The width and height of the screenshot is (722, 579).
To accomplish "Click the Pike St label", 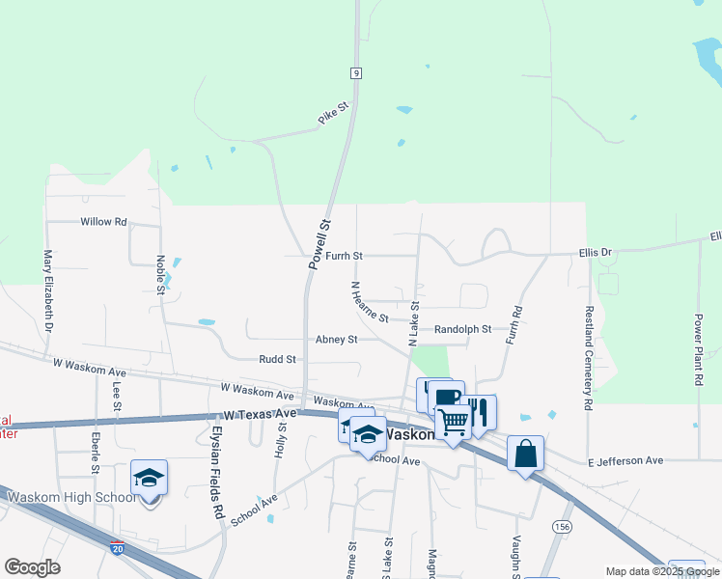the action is point(332,115).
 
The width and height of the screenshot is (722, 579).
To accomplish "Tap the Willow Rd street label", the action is point(104,222).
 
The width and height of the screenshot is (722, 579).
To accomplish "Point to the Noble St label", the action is point(159,274).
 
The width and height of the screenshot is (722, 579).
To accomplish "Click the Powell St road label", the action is point(319,243).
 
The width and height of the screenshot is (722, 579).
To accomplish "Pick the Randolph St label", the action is point(462,329).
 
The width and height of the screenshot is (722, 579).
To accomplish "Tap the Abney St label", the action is point(336,340).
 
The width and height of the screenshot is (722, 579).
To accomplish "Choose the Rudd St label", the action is point(277,359).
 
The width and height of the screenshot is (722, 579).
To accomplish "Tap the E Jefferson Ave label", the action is point(625,462).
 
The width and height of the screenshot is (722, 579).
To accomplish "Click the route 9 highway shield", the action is point(356,72).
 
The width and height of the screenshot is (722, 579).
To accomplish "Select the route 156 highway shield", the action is point(562,525).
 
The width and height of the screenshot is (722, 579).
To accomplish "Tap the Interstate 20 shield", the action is point(117,547).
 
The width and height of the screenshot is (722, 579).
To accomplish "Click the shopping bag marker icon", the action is point(524,454).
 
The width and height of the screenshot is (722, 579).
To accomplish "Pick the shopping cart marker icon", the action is point(452,420).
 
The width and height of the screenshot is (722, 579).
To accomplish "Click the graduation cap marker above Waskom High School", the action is point(149,478).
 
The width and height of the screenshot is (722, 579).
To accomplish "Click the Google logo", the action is point(32,567).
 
